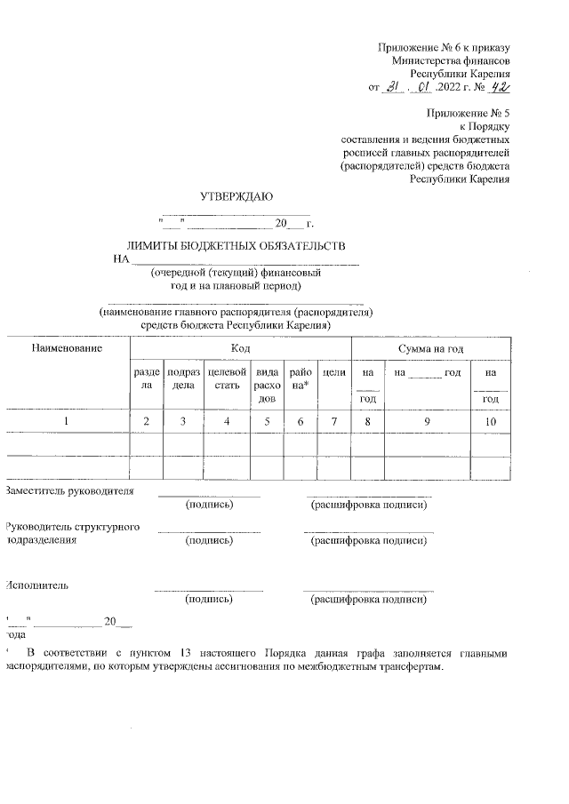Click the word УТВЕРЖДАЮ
click(236, 195)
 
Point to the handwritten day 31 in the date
click(392, 88)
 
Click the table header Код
click(239, 349)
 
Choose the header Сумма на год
click(431, 349)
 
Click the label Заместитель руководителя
click(70, 490)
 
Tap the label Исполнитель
click(36, 585)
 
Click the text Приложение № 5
click(468, 113)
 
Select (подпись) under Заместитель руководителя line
click(209, 505)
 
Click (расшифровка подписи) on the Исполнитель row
click(368, 600)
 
